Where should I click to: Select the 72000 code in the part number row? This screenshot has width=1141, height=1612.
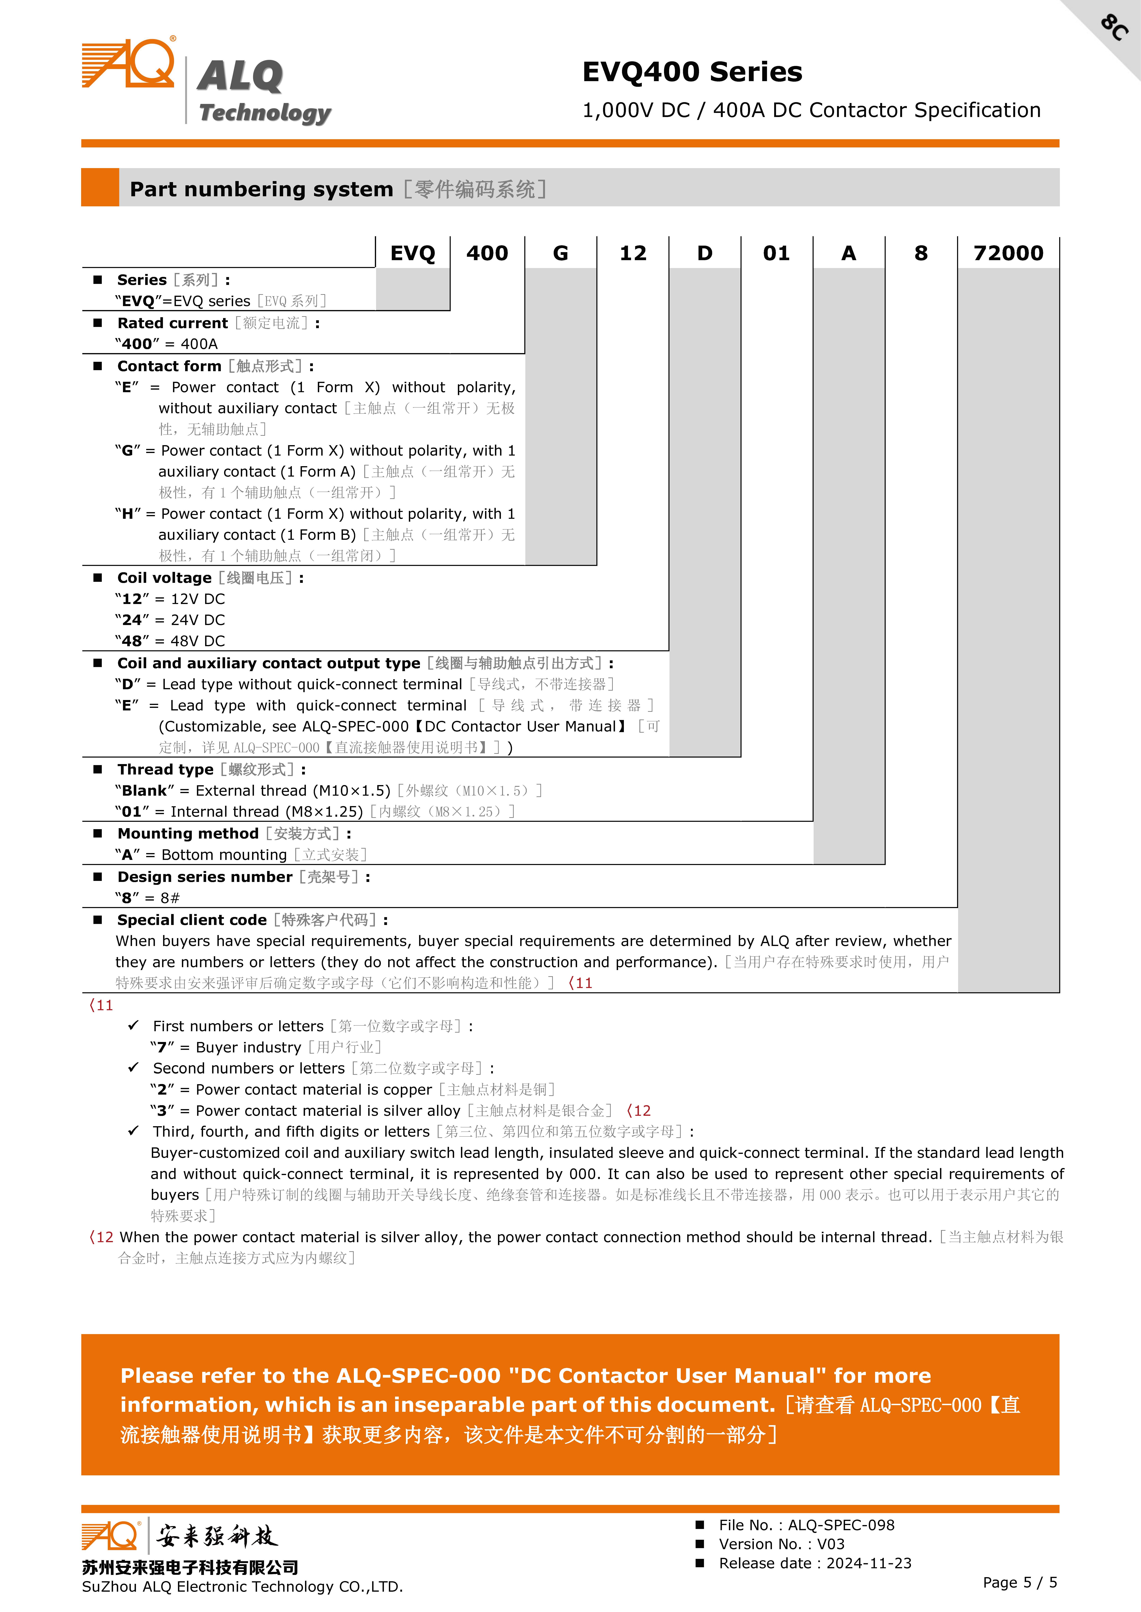[x=1008, y=253]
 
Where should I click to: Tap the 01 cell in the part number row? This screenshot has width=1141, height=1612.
[x=776, y=253]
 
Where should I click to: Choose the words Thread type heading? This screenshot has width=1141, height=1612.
[x=165, y=770]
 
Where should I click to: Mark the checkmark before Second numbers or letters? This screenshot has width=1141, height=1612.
[x=134, y=1067]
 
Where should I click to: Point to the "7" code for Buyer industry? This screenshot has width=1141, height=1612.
[x=162, y=1047]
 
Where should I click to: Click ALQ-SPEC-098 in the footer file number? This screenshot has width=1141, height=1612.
[x=841, y=1525]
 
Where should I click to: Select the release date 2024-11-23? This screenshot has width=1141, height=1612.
[x=868, y=1563]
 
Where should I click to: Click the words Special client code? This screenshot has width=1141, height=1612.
[x=192, y=920]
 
